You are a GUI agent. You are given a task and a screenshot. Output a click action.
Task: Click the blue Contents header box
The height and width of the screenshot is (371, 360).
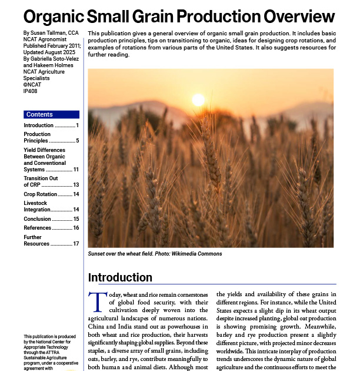tap(51, 114)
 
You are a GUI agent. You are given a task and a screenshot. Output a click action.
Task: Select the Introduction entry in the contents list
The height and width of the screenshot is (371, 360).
tap(38, 125)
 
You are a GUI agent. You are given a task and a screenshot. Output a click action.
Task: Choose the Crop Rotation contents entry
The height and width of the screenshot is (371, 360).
tap(40, 194)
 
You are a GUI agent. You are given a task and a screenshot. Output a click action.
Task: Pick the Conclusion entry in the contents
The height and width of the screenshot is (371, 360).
tap(38, 219)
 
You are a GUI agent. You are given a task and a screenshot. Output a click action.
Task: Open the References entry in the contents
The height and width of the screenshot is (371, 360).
tap(38, 228)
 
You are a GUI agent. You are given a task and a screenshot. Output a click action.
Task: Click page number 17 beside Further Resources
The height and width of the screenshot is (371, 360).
tap(76, 243)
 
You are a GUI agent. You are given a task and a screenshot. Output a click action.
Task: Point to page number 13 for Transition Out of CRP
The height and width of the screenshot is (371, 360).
tap(76, 185)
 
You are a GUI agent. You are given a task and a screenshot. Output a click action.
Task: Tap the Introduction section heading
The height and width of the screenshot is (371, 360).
tap(120, 277)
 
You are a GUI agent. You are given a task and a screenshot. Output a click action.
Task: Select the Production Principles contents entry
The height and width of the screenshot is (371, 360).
tap(36, 138)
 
